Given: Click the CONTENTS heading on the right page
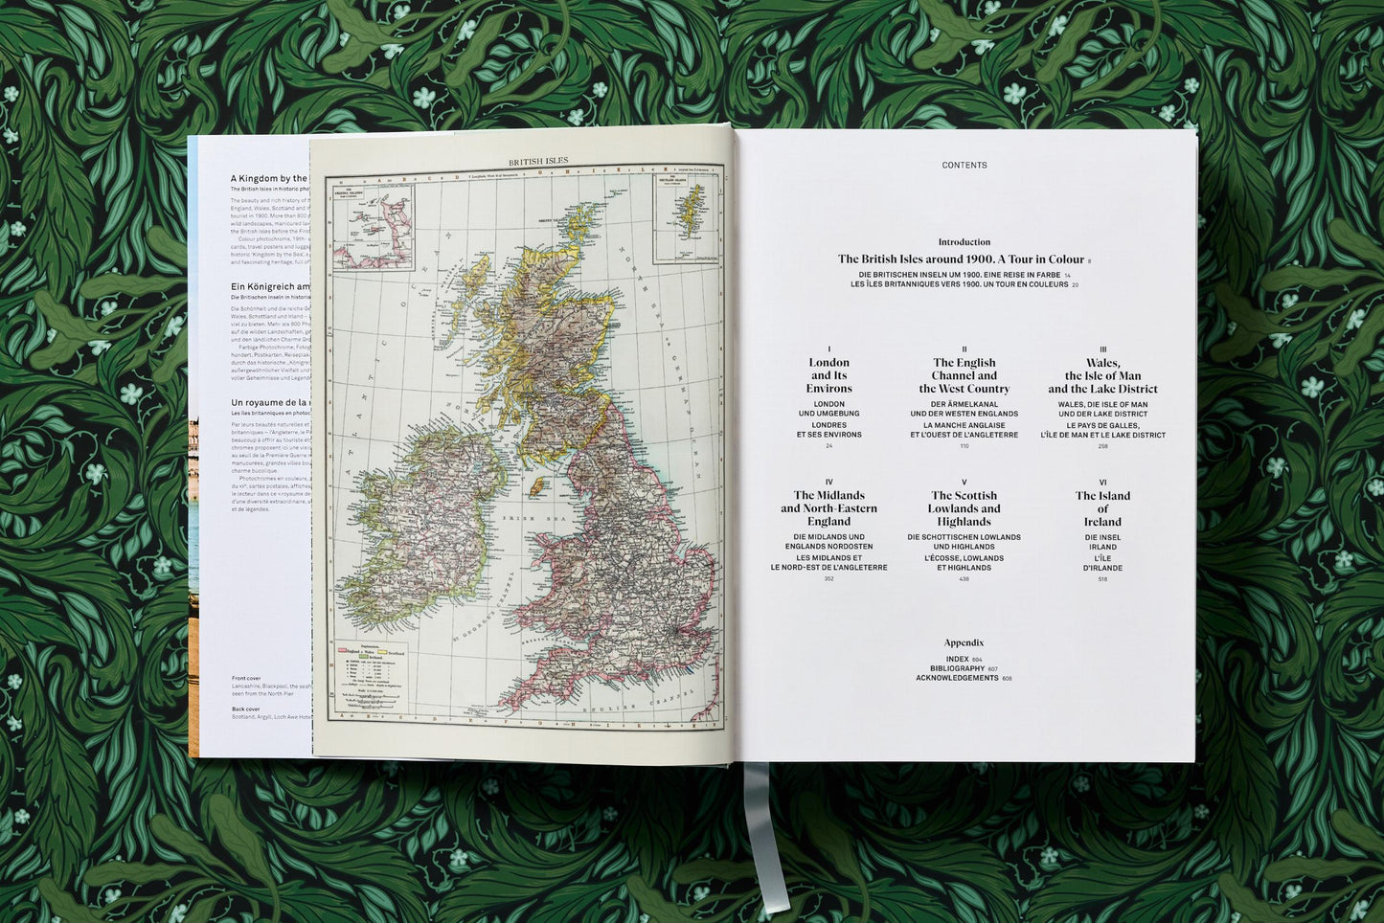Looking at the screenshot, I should [x=964, y=166].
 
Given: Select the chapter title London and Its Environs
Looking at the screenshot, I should [x=828, y=375].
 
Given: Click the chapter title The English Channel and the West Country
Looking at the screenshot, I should [x=964, y=375].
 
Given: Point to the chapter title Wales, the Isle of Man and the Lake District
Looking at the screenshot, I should [x=1102, y=375].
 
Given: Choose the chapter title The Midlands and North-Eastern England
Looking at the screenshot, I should [x=828, y=508].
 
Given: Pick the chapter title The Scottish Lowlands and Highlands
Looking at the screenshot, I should [x=964, y=508].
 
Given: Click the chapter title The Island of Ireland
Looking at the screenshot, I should [x=1102, y=508].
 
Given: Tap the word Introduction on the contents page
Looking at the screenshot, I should [x=964, y=242].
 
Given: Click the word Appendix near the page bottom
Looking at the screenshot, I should [x=964, y=642].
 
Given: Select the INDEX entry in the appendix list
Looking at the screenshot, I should [x=957, y=660].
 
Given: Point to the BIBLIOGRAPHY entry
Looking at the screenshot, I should [x=957, y=668].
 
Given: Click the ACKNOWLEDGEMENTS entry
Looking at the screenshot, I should [x=957, y=678].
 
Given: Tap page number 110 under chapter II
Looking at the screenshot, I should [x=964, y=446].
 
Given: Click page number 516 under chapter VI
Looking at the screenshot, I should [x=1102, y=579].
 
